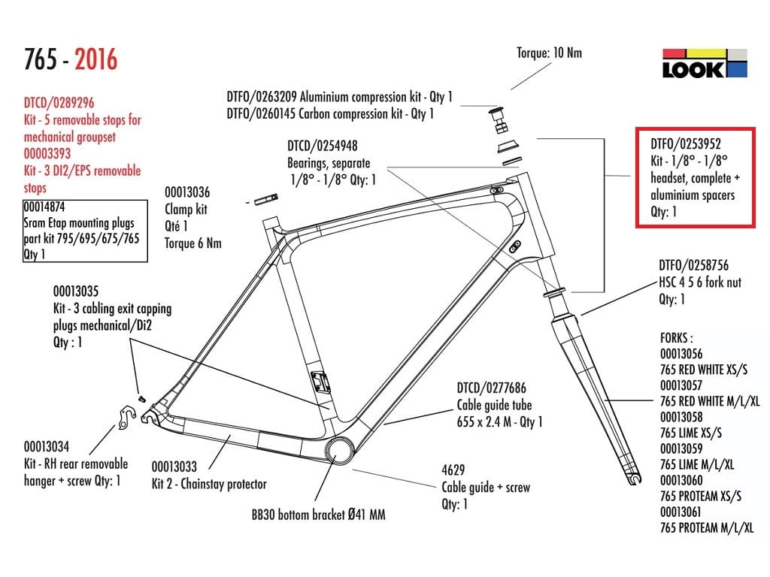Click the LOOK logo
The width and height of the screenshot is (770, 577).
click(705, 63)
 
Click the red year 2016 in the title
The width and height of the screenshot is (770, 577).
click(95, 59)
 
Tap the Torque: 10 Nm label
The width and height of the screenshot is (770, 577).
click(549, 53)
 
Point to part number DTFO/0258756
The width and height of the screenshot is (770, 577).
click(693, 266)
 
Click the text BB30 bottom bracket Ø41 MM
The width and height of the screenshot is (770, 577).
click(319, 516)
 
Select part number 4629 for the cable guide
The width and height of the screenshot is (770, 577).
click(453, 471)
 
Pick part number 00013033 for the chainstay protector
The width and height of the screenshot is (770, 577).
click(174, 467)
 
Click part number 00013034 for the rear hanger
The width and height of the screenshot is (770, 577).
click(47, 446)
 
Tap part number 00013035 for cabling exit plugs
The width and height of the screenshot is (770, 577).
click(76, 292)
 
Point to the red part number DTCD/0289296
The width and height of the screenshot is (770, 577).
click(59, 103)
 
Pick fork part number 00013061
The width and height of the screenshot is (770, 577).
click(681, 512)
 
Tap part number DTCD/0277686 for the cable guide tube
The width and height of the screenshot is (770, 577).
click(492, 388)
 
